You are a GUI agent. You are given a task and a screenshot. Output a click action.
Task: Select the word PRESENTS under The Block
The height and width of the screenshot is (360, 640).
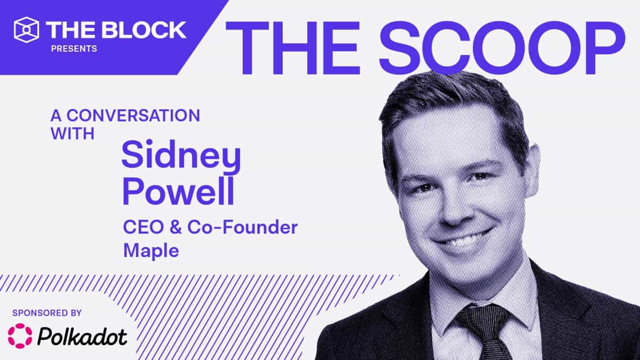click(x=74, y=49)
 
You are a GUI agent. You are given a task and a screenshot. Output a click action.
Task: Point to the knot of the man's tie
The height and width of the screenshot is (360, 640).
click(x=478, y=319)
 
